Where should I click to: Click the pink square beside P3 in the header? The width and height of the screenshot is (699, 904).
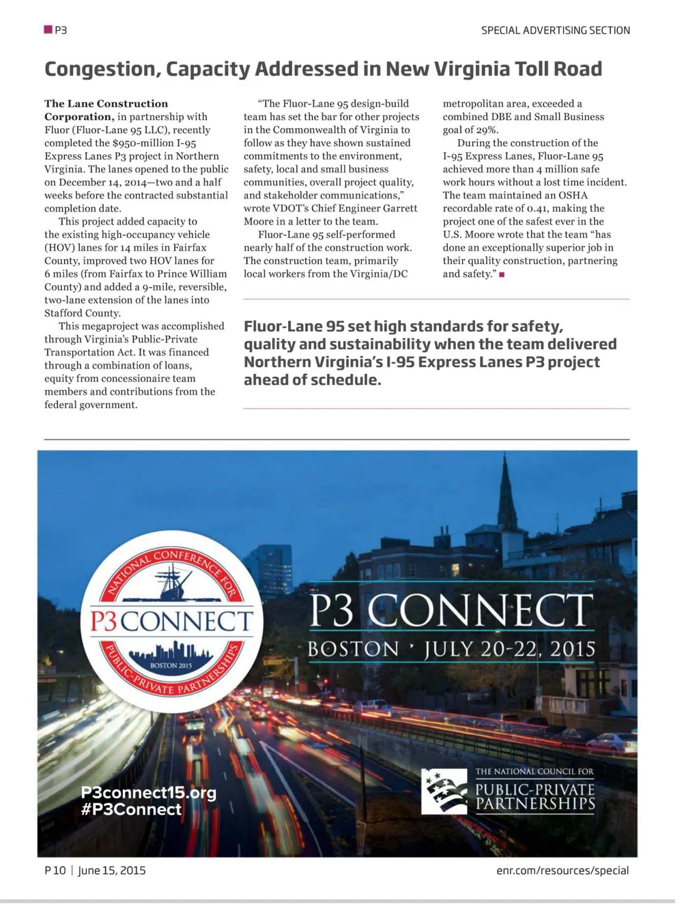[x=48, y=29]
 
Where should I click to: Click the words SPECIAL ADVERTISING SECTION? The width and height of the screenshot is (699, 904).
[x=555, y=30]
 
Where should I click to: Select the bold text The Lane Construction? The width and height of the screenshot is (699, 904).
[x=106, y=104]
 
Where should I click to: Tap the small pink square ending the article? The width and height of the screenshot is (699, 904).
[x=502, y=274]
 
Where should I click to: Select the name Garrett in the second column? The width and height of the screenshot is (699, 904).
[x=399, y=208]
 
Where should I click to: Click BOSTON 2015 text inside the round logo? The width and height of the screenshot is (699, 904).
[x=171, y=665]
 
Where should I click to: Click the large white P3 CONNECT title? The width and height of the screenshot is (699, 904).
[x=451, y=610]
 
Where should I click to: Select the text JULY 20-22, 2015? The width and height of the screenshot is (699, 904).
[x=510, y=649]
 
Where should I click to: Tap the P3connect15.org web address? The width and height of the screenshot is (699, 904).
[x=148, y=792]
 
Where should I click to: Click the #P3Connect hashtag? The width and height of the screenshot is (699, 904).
[x=131, y=810]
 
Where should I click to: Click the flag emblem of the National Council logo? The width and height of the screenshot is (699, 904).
[x=444, y=791]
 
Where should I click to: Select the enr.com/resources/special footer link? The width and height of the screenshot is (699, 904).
[x=562, y=871]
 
